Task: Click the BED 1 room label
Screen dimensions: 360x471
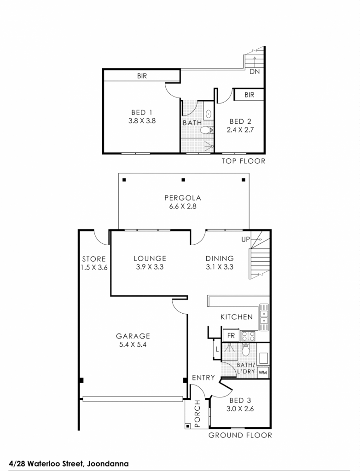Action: point(142,112)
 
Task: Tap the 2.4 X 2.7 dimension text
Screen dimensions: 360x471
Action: point(240,130)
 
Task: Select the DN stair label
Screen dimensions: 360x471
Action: point(255,71)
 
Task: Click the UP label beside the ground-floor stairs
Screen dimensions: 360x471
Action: point(245,239)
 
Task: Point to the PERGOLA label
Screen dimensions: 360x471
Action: point(183,198)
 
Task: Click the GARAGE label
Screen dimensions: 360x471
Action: point(133,336)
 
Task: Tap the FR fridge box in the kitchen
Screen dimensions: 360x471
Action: point(231,335)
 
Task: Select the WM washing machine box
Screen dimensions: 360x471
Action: point(263,373)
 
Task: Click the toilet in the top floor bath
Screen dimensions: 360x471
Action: point(206,130)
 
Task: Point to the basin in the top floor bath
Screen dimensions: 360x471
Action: point(209,114)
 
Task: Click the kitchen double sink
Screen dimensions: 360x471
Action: point(264,317)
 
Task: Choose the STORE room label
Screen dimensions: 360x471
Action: point(94,259)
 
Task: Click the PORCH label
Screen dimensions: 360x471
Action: point(197,414)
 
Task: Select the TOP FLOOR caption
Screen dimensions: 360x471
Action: point(244,161)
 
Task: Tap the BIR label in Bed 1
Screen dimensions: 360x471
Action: point(142,76)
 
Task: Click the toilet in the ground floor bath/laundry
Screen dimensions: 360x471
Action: point(246,350)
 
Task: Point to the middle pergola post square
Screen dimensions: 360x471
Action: point(183,180)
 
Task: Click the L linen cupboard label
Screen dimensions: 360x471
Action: point(217,350)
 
